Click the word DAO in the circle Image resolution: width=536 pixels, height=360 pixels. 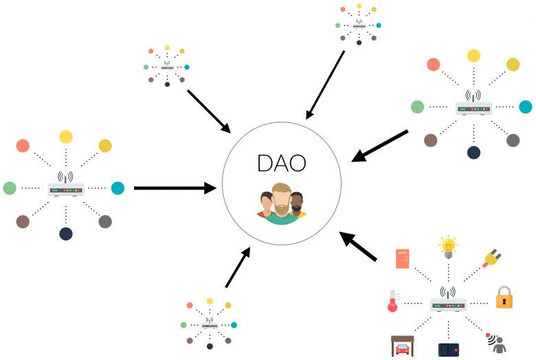[281, 163]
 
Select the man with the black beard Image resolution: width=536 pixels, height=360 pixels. [297, 205]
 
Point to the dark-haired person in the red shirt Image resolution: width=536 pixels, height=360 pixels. [267, 205]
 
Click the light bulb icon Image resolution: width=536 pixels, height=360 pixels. [448, 247]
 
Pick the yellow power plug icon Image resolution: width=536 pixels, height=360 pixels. [491, 259]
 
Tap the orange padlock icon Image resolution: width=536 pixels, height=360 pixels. [504, 297]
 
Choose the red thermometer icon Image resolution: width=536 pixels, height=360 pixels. [393, 300]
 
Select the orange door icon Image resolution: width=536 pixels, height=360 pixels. [402, 259]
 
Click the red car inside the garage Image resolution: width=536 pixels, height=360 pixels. [402, 349]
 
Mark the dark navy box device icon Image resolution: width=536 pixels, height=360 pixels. [449, 350]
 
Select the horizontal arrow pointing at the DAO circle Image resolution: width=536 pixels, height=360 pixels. [175, 188]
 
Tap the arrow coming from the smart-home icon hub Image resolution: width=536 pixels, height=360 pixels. [358, 246]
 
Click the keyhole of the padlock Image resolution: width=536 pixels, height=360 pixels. [504, 302]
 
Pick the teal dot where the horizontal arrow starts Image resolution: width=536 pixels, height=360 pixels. [118, 188]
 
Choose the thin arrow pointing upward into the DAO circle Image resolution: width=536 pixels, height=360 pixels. [238, 267]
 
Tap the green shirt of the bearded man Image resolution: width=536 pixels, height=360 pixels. [281, 218]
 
